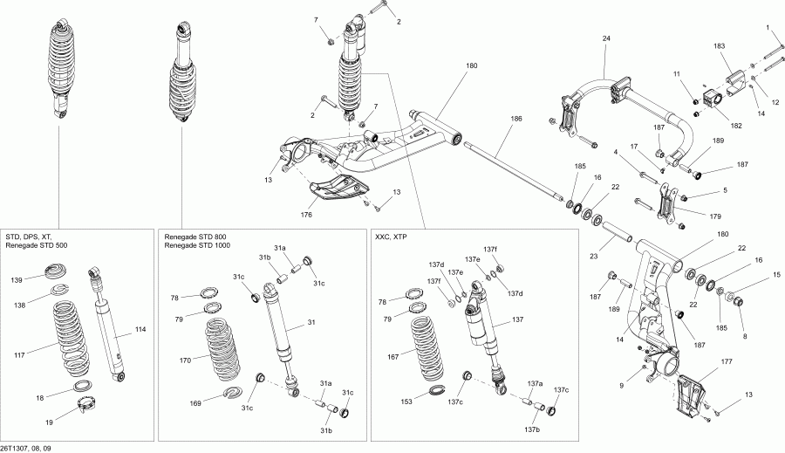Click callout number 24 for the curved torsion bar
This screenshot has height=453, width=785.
pos(607,38)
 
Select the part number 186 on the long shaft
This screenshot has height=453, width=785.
pos(516,118)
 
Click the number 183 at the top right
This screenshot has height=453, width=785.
pos(720,45)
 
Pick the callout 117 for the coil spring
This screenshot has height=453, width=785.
pos(20,354)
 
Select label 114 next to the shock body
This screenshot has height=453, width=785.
pos(140,329)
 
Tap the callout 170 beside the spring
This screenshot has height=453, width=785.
pos(185,358)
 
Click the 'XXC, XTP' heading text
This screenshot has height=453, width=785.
pos(392,237)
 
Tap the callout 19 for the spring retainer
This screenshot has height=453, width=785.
pos(49,422)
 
